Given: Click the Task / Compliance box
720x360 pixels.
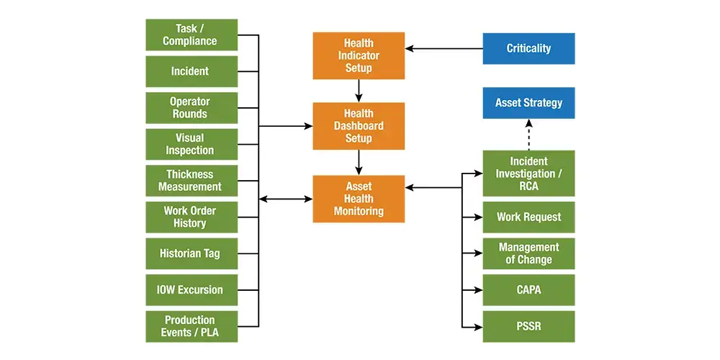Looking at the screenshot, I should (x=192, y=35).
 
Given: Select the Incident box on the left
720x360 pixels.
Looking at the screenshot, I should (x=192, y=71).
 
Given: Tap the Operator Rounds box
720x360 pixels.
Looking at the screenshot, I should (x=192, y=108).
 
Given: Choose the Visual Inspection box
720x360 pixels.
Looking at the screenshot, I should (x=192, y=144).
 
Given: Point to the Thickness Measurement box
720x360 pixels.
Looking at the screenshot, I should (x=192, y=181).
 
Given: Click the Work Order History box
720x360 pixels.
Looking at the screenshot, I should (x=192, y=217).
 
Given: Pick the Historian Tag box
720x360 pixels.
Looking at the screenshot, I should (x=192, y=253).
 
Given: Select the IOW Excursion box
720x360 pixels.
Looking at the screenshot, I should (x=192, y=289).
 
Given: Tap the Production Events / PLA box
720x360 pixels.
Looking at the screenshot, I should (x=192, y=326).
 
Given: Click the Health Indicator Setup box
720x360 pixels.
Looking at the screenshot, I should (x=359, y=55).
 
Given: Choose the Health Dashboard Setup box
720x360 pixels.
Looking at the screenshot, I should (x=359, y=126).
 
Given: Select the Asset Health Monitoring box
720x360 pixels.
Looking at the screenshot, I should (x=359, y=199).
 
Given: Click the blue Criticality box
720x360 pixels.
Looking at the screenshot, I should (x=528, y=49).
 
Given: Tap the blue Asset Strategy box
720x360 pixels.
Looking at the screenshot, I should (x=528, y=103).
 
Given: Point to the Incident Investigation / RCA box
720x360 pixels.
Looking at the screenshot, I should (x=528, y=174).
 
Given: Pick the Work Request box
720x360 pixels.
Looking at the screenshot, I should (x=528, y=217).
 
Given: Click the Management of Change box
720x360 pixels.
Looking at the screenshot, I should (x=528, y=253).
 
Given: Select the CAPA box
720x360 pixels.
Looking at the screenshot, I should (x=528, y=289).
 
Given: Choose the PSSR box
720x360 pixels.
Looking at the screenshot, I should (x=528, y=326).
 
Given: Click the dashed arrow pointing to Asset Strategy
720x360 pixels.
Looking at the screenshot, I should (x=528, y=135).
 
